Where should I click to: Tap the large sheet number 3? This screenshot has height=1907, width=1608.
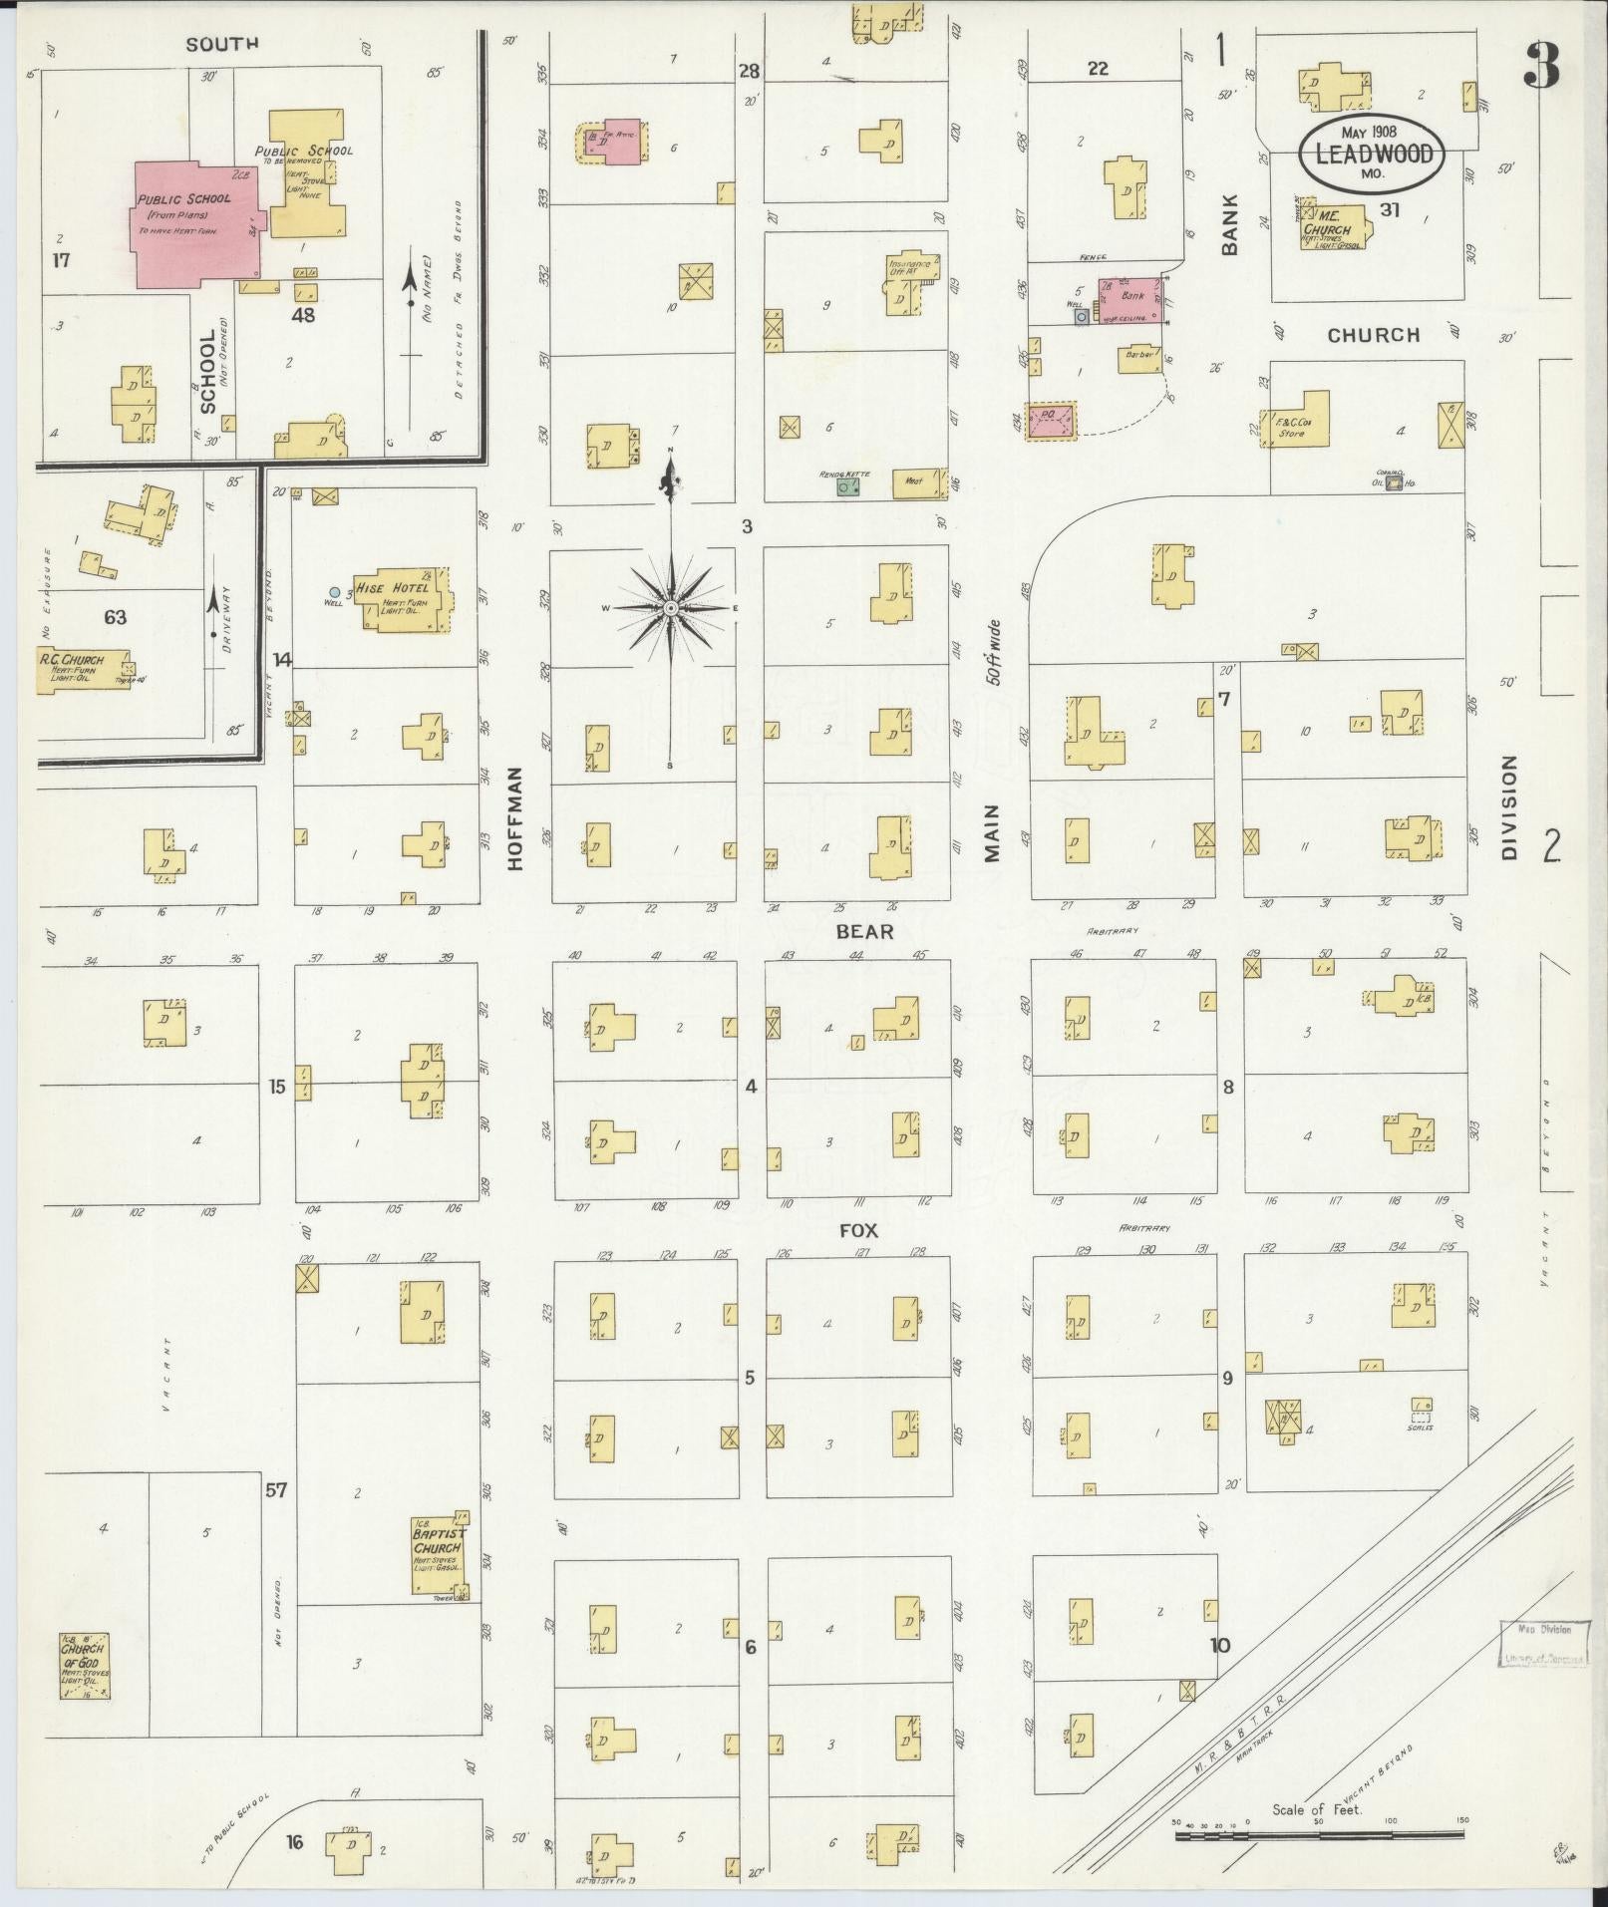pyautogui.click(x=1541, y=68)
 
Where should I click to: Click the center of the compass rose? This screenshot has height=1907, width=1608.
pyautogui.click(x=671, y=607)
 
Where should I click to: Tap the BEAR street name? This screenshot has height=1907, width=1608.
pyautogui.click(x=863, y=931)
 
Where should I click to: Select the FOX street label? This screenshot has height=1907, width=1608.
pyautogui.click(x=858, y=1230)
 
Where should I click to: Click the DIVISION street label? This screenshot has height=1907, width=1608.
pyautogui.click(x=1507, y=806)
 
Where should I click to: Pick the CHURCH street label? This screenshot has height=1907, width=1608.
pyautogui.click(x=1373, y=335)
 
